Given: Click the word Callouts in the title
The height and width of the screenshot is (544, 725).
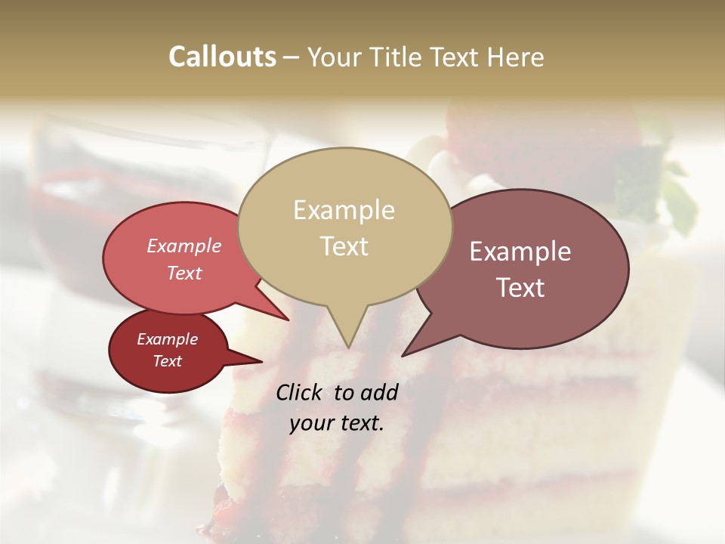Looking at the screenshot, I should coord(222,57).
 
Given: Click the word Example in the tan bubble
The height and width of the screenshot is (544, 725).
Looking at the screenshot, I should coord(344,210).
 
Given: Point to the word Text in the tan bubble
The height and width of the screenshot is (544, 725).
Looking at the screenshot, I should coord(344,246).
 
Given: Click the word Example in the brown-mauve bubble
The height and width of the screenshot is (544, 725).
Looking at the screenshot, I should coord(520,252).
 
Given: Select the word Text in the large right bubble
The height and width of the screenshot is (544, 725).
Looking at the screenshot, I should coord(521,287).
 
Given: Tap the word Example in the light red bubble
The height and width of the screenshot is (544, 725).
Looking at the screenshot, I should coord(184,246).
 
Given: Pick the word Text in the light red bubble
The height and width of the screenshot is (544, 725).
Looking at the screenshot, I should coord(184,273).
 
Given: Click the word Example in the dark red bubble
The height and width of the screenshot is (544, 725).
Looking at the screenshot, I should coord(168,339).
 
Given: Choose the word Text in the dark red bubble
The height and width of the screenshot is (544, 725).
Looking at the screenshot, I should coord(168,361).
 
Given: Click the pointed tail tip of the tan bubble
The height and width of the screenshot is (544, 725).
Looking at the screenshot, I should coord(348,348).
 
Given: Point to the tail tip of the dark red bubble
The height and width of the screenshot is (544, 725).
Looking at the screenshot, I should coord(262,361).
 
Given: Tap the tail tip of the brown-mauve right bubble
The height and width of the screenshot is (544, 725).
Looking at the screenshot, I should coord(402,356).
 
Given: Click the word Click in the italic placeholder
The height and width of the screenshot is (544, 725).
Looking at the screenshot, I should coord(300,392).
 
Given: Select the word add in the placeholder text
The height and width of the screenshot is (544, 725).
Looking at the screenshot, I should coord(379,392).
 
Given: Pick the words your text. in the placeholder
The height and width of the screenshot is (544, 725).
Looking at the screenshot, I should coord(337,423).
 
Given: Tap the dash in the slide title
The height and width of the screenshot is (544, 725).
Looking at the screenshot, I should coord(293,57).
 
